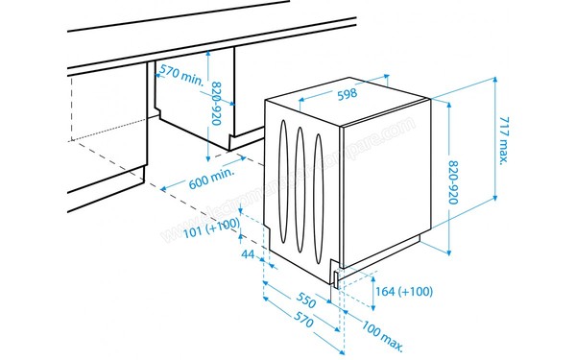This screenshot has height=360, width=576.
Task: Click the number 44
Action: click(x=247, y=253)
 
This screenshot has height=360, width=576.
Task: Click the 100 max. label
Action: click(x=375, y=335)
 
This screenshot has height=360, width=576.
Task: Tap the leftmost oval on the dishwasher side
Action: click(x=283, y=180)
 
